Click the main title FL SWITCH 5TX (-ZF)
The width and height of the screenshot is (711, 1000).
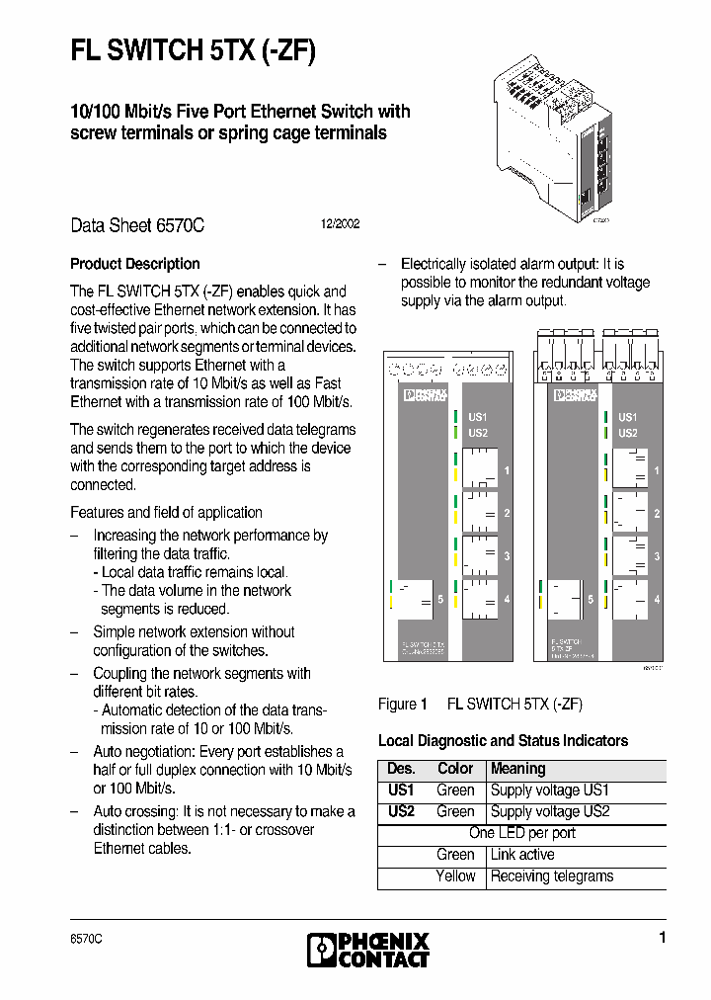coord(193,51)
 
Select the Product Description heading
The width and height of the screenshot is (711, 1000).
coord(135,264)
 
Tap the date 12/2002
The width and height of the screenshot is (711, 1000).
coord(340,224)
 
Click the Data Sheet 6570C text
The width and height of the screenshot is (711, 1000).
coord(137,225)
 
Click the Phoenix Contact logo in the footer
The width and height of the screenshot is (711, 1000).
coord(368,950)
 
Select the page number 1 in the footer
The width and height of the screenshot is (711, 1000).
coord(663,938)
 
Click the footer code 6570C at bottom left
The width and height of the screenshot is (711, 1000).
coord(86,939)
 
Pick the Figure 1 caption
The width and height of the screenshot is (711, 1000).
coord(480,705)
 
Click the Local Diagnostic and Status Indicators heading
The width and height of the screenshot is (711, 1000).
coord(503,740)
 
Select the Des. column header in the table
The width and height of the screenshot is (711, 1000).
coord(401,769)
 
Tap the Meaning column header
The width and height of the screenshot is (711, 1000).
coord(517,769)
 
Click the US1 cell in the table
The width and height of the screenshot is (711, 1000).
coord(401,791)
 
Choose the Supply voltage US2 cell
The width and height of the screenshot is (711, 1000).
coord(550,811)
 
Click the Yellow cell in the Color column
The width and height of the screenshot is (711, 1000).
coord(455,876)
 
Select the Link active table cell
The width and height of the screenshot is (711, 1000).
coord(522,855)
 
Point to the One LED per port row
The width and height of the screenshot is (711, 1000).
coord(522,833)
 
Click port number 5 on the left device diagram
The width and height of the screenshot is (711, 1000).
coord(440,599)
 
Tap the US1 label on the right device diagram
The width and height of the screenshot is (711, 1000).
coord(627,418)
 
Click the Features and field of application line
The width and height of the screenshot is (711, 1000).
coord(166,512)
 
